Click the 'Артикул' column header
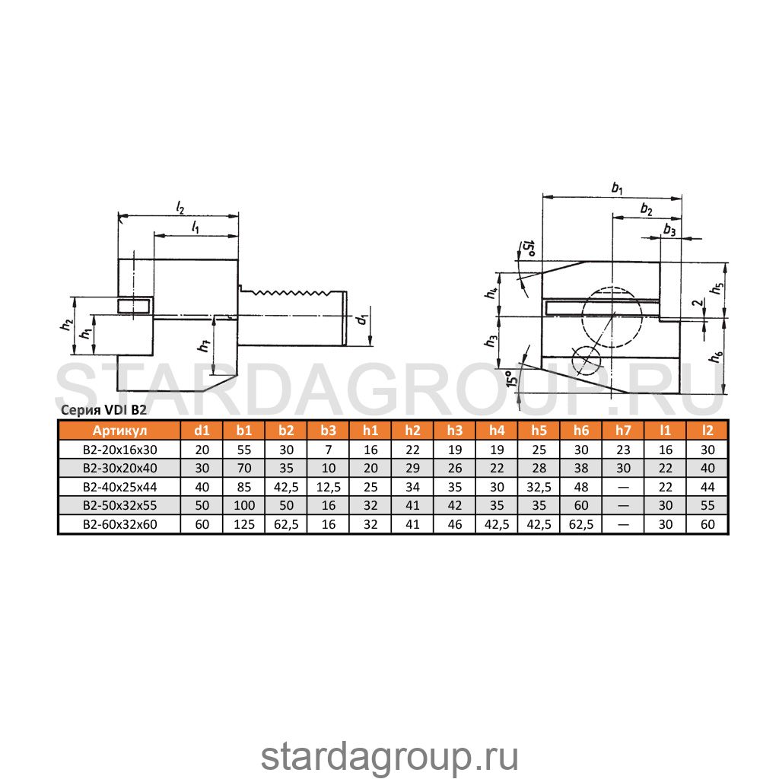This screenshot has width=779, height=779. (119, 431)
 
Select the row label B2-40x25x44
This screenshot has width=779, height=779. (119, 487)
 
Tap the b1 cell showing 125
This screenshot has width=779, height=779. (244, 524)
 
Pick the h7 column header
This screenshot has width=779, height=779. (623, 431)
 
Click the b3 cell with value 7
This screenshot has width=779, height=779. (329, 450)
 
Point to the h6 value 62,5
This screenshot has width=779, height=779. (581, 524)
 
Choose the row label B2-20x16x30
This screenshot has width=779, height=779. (119, 450)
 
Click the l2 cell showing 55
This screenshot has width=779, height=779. (707, 505)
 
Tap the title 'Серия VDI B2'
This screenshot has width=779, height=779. (103, 410)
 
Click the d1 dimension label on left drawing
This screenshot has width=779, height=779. (362, 319)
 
